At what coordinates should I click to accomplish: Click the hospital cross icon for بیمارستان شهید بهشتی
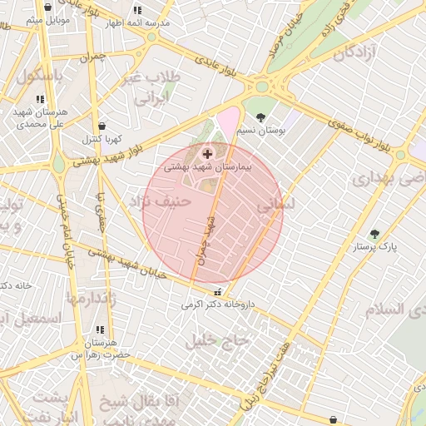click(x=207, y=155)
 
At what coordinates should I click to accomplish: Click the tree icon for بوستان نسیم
click(x=262, y=118)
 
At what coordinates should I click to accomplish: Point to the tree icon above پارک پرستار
click(x=374, y=234)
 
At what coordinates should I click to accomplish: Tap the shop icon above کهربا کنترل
click(x=102, y=126)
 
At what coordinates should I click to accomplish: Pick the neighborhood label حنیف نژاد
click(x=161, y=201)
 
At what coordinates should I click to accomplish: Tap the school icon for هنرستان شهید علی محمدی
click(x=40, y=99)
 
